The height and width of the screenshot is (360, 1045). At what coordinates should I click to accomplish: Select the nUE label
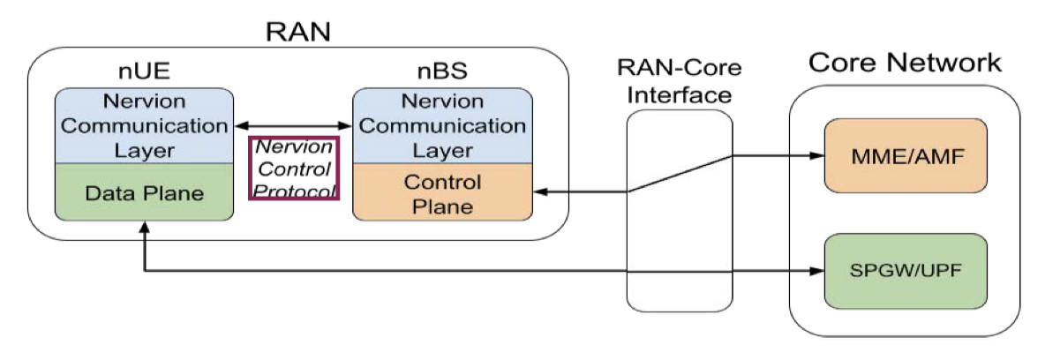click(142, 71)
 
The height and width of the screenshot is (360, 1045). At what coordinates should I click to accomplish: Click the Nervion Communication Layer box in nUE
click(143, 124)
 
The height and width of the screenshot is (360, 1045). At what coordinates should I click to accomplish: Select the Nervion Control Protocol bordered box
click(295, 169)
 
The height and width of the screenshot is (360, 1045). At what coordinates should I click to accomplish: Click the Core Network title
click(905, 64)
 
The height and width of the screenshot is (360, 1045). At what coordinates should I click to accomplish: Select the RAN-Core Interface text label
click(679, 81)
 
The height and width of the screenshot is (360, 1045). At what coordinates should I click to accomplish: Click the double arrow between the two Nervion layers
click(292, 124)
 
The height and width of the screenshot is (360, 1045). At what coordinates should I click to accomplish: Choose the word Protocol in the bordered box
click(295, 189)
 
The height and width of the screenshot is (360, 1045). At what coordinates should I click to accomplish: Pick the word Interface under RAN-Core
click(679, 94)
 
